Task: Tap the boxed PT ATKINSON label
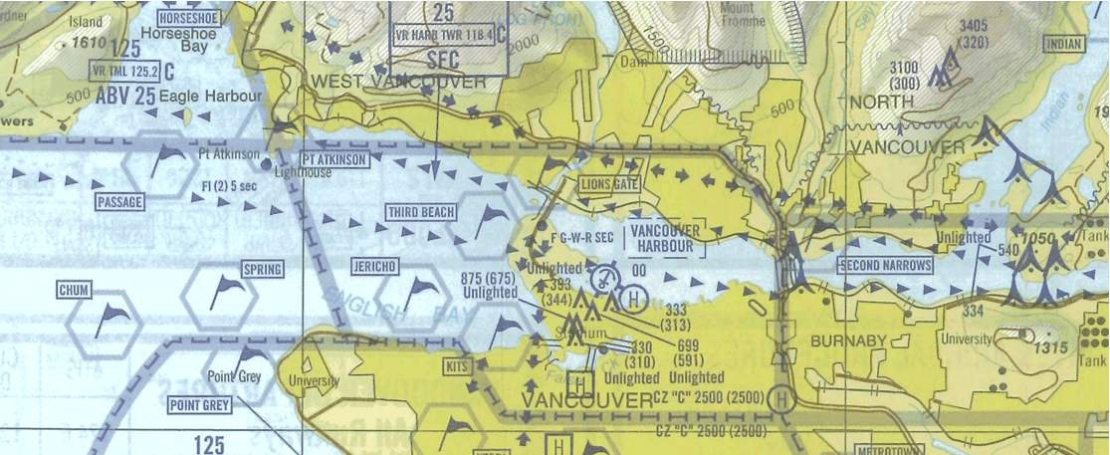[335, 159]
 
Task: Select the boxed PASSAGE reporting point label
[119, 202]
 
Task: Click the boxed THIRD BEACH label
[421, 212]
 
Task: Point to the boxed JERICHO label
[374, 267]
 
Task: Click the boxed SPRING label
[263, 270]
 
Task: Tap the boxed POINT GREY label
[200, 405]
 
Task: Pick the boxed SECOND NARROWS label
[885, 265]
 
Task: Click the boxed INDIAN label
[1062, 44]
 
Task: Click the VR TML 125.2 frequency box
[125, 72]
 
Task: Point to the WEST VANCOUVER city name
[398, 81]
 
